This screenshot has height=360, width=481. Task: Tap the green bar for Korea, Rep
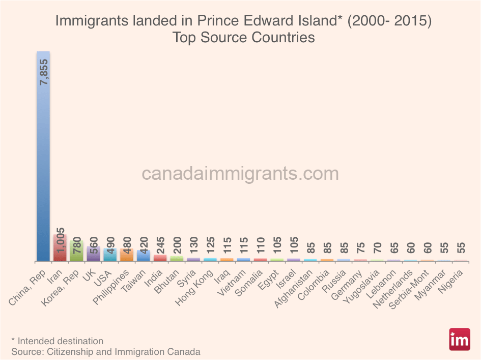point(76,251)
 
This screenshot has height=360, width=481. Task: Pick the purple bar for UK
point(93,254)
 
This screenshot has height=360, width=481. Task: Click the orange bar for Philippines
point(127,255)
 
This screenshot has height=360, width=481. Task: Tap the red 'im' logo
point(459,340)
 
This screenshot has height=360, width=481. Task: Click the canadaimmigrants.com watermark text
point(240,174)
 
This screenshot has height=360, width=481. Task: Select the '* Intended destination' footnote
point(57,341)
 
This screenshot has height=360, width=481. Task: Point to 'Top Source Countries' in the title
point(243,38)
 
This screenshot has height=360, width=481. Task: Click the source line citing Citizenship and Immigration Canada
point(105,351)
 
